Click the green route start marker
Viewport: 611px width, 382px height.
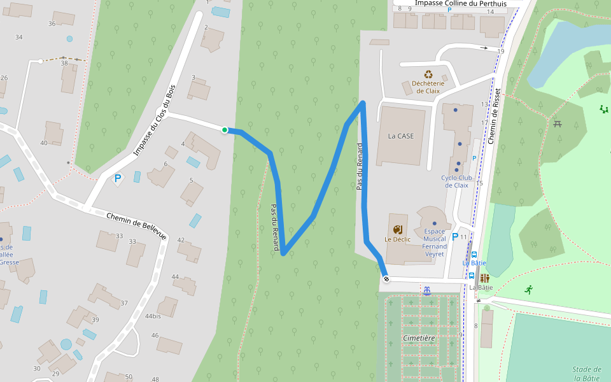[225, 130]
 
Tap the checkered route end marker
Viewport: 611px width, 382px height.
[386, 279]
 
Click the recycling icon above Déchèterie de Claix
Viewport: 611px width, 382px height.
[428, 74]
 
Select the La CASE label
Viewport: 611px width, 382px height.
[401, 136]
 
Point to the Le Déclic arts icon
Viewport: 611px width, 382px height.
[398, 229]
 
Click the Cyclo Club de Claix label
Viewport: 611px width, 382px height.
[456, 181]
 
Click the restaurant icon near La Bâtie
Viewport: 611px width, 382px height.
[485, 278]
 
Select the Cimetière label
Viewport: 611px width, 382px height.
[419, 337]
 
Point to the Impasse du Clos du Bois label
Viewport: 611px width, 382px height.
[154, 122]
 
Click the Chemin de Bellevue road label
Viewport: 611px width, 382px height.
[136, 226]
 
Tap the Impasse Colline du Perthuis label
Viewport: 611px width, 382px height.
[461, 3]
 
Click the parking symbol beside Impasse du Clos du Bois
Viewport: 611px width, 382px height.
[118, 179]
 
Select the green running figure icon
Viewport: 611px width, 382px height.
[529, 290]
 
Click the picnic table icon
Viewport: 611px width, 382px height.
[558, 123]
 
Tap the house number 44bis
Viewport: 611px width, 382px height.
[153, 316]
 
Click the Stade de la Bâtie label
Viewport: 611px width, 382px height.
[587, 374]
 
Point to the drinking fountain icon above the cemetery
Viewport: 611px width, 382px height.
[426, 291]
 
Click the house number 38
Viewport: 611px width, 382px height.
[64, 63]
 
